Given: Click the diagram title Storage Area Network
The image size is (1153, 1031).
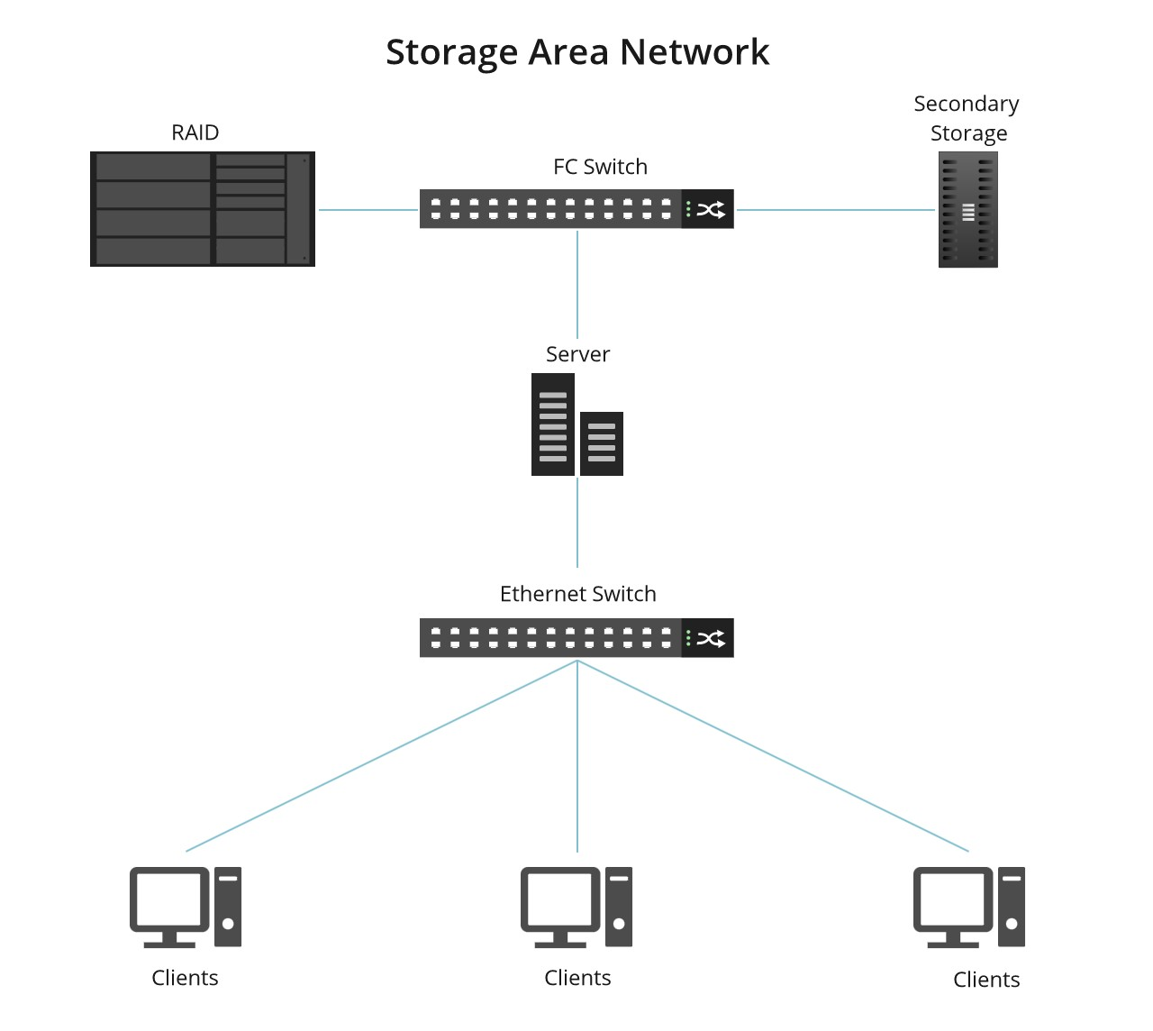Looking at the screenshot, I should click(x=577, y=52).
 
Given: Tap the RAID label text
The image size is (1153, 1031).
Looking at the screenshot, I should click(x=195, y=132).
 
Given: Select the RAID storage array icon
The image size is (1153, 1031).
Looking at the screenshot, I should click(x=202, y=209).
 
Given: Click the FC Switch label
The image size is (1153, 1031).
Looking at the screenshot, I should click(x=600, y=167).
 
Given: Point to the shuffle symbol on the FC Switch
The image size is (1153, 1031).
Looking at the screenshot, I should click(x=711, y=210).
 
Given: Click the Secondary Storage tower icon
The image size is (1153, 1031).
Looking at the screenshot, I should click(x=967, y=210).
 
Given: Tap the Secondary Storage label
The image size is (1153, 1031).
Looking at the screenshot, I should click(x=967, y=118).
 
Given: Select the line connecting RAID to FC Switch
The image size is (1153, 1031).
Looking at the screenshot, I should click(x=368, y=210).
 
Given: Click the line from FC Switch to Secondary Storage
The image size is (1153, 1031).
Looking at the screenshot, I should click(x=835, y=210).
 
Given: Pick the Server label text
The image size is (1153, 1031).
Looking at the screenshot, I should click(x=577, y=354).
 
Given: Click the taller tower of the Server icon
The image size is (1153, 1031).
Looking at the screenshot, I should click(x=552, y=424).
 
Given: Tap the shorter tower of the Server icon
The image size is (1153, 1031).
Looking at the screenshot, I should click(x=602, y=443).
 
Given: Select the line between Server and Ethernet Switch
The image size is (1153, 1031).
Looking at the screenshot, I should click(x=577, y=523).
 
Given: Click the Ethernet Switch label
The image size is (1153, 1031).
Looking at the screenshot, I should click(x=577, y=594).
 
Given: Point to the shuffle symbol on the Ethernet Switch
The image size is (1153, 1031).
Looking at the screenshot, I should click(x=711, y=639).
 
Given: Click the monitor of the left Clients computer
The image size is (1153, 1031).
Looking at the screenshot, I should click(x=168, y=901).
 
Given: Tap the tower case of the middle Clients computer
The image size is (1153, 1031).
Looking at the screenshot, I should click(x=619, y=907).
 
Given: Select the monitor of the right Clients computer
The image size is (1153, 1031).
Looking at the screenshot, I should click(x=952, y=901).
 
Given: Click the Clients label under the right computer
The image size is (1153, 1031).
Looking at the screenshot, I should click(x=986, y=980).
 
